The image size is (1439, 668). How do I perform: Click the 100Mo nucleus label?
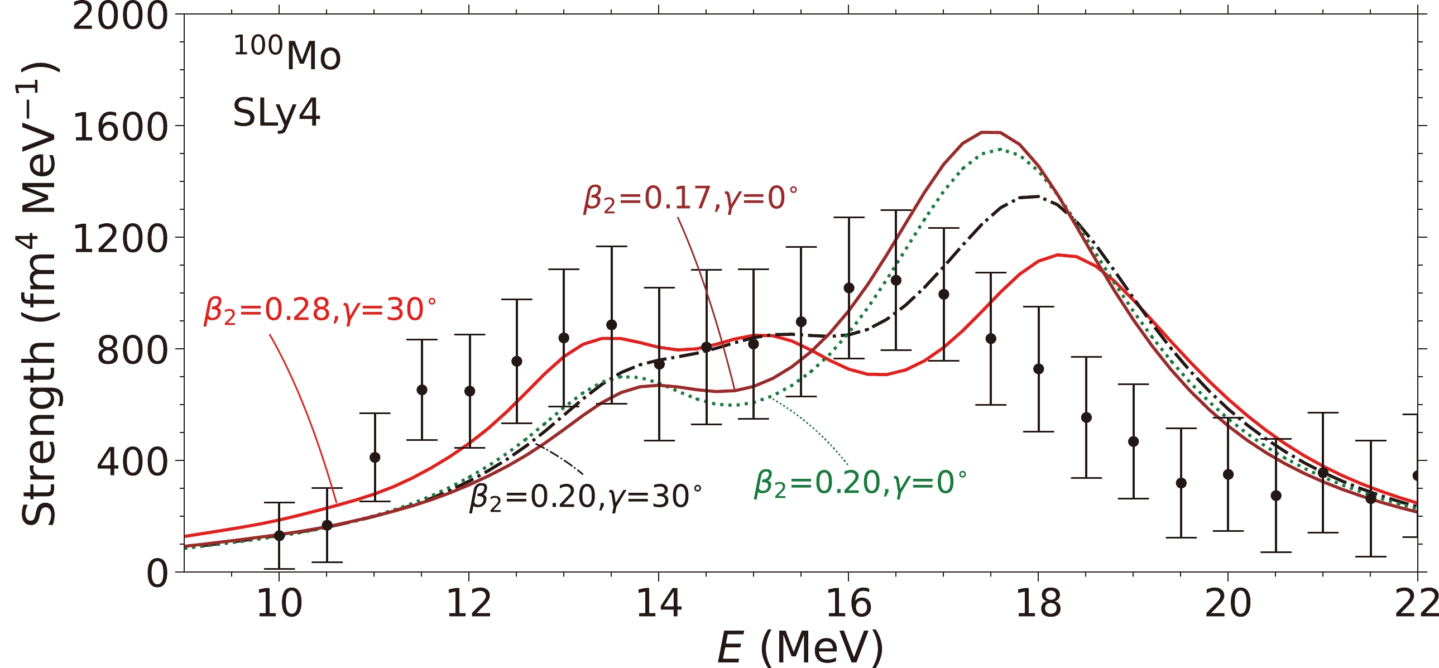point(286,54)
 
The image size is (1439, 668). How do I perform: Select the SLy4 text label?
point(276,113)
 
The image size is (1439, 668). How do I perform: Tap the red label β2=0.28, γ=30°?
point(320,310)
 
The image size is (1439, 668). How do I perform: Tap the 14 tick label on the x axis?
point(659,604)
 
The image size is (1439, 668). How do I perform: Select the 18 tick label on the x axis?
point(1038,604)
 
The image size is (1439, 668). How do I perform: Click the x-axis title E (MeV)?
point(800,648)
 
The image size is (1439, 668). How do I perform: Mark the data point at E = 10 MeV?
point(279,536)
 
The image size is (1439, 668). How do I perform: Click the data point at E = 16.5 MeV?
point(896,280)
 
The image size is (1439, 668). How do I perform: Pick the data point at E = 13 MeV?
point(564,338)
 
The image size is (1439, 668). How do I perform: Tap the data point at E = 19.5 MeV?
point(1181,483)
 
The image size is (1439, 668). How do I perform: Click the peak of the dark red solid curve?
point(991,132)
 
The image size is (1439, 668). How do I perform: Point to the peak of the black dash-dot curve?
point(1037,196)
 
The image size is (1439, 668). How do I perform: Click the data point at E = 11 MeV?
point(375,458)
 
